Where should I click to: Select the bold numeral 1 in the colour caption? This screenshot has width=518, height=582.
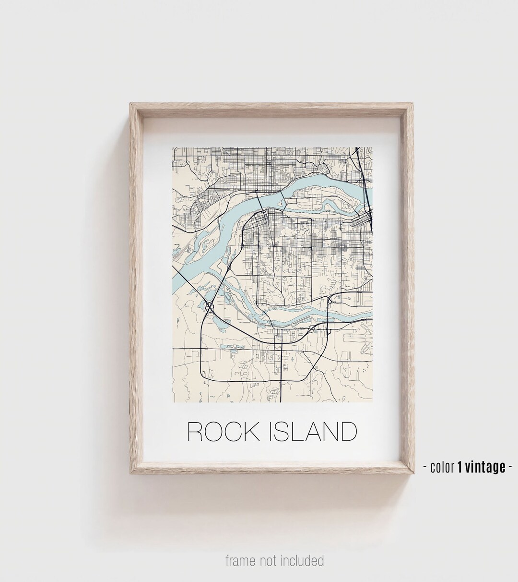459,467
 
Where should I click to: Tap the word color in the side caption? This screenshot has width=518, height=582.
442,467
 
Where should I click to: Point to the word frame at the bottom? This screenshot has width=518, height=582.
241,560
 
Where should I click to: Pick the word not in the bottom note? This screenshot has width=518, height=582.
270,560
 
